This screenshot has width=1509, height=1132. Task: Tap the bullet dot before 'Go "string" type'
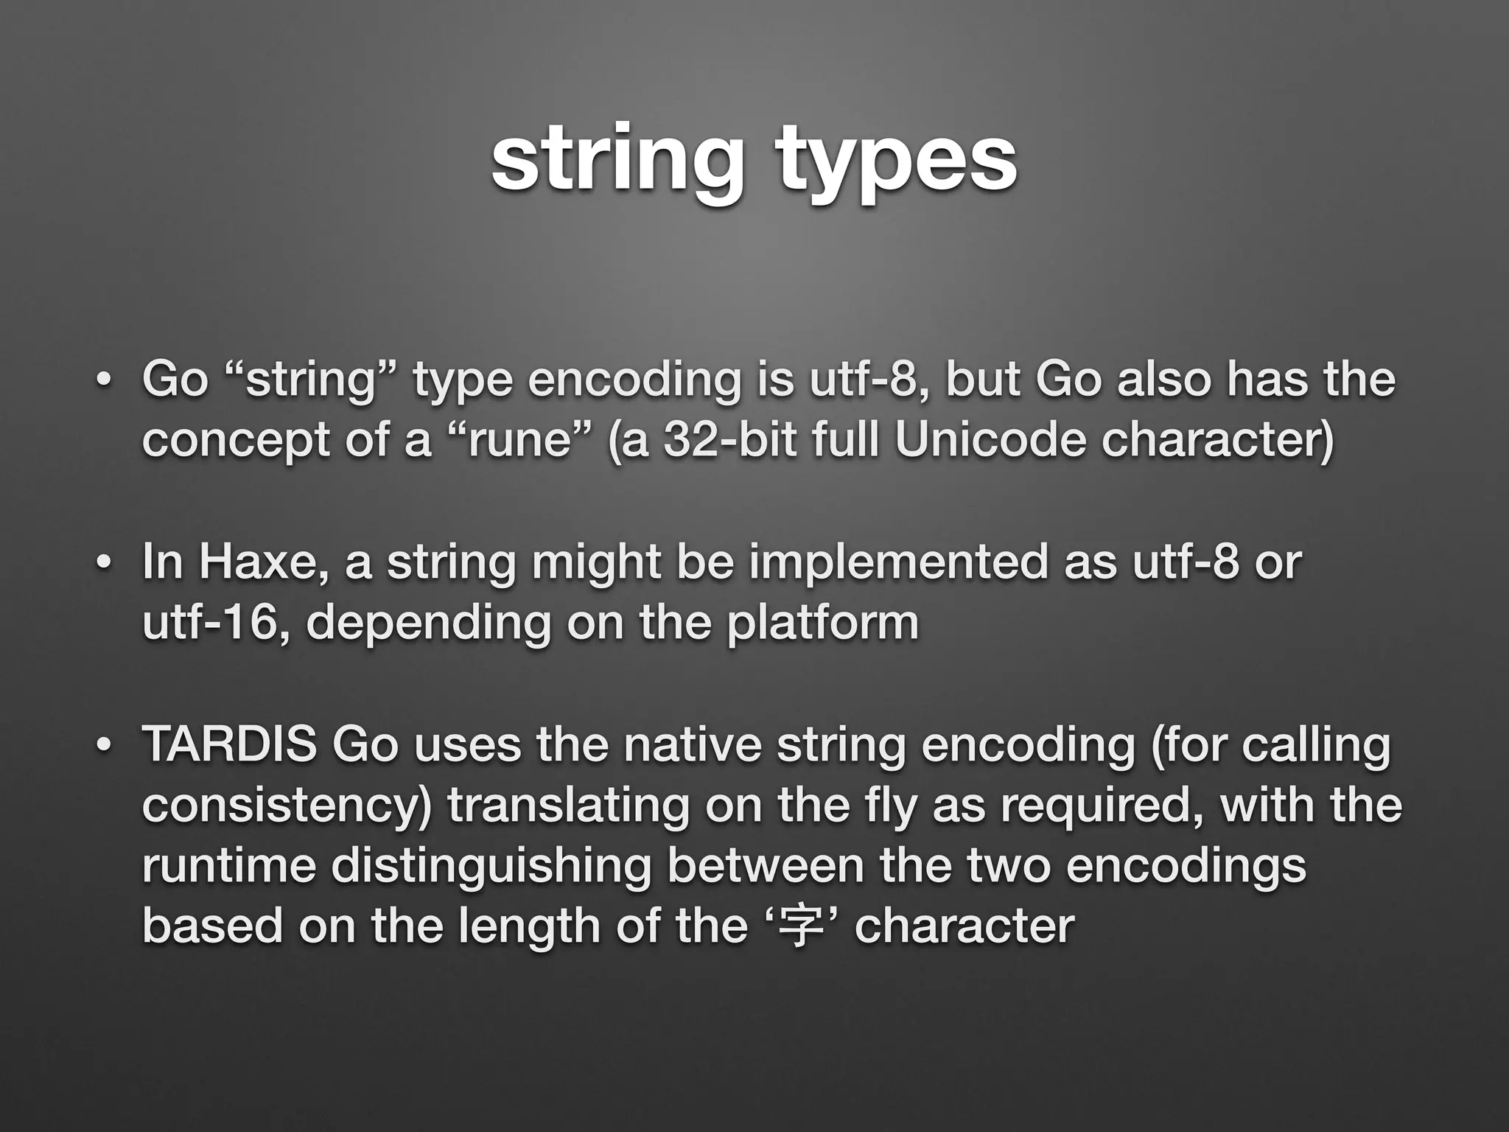click(104, 381)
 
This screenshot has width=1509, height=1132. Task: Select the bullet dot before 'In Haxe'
click(104, 564)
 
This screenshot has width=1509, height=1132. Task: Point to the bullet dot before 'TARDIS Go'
click(104, 745)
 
